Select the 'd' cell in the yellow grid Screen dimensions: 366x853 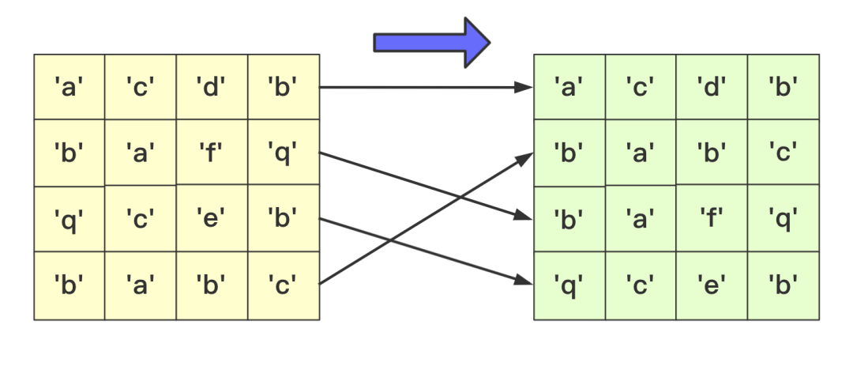point(212,86)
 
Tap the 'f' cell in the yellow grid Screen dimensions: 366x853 point(212,151)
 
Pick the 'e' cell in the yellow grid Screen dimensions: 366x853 point(212,217)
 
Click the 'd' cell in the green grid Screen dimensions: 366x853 point(712,86)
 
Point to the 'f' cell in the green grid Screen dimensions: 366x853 point(712,217)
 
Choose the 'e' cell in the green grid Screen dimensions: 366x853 point(712,283)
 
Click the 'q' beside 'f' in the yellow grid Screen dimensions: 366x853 point(283,151)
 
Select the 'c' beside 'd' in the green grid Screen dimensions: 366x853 point(641,86)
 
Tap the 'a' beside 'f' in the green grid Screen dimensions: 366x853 point(641,217)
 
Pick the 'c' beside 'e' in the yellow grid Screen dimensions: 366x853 point(139,217)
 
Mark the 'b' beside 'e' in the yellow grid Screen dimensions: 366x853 point(283,217)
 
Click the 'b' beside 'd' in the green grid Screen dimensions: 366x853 point(783,86)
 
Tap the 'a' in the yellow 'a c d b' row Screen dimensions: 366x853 point(69,86)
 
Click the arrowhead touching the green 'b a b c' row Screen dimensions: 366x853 point(527,157)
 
